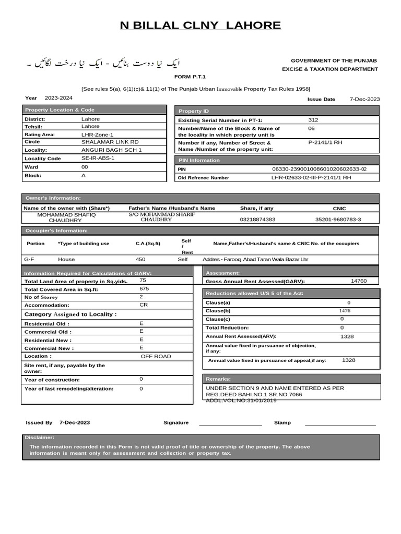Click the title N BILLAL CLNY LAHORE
[200, 26]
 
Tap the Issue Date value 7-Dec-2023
[365, 99]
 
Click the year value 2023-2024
[58, 98]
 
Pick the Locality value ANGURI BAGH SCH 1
[112, 150]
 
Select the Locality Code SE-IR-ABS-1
[98, 157]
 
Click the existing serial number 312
[313, 120]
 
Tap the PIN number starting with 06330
[320, 169]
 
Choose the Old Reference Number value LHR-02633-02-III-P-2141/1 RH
[311, 178]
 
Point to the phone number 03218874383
[257, 220]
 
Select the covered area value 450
[140, 259]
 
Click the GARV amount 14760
[359, 281]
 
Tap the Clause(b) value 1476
[345, 311]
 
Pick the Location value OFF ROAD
[156, 357]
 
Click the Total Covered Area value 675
[145, 288]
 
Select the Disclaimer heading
[39, 438]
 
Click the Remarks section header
[218, 379]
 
